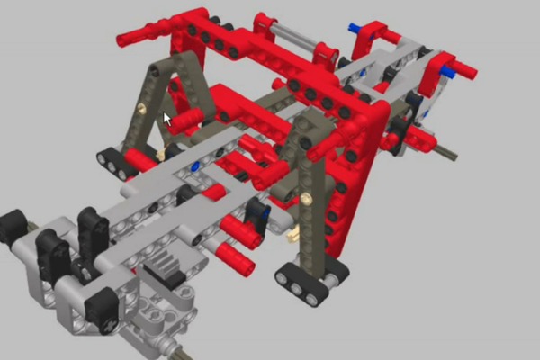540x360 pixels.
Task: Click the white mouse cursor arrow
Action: [x=166, y=118]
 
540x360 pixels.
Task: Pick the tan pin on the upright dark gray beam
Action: [x=307, y=197]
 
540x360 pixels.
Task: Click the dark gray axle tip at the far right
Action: [x=447, y=155]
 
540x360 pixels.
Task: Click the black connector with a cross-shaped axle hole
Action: [x=101, y=305]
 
